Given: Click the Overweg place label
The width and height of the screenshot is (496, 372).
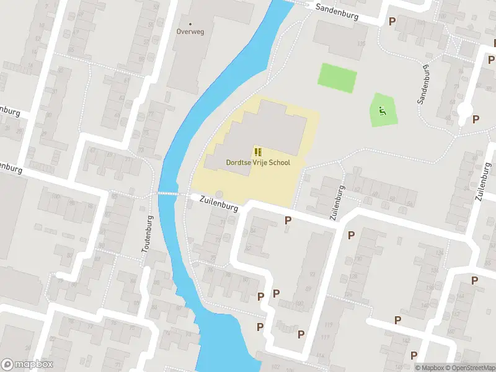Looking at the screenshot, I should click(190, 32).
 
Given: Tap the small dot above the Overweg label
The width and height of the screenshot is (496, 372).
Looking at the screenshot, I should click(190, 24).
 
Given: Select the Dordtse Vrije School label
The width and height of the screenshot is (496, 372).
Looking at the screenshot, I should click(257, 162).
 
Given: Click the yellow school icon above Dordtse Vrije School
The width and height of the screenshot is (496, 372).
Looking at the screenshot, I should click(257, 152).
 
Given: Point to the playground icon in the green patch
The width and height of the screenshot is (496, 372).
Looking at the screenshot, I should click(382, 112).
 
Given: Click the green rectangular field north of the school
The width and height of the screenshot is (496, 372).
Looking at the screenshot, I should click(337, 77).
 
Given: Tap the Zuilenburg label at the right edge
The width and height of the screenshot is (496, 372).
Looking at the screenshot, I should click(480, 180).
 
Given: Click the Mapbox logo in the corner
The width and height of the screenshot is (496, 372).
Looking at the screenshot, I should click(27, 365).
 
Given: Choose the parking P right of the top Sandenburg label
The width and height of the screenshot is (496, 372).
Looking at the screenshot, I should click(392, 21).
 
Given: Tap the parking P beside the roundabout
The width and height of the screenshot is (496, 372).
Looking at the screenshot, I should click(476, 120).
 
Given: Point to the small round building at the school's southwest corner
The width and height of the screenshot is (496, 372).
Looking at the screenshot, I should click(218, 195).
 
